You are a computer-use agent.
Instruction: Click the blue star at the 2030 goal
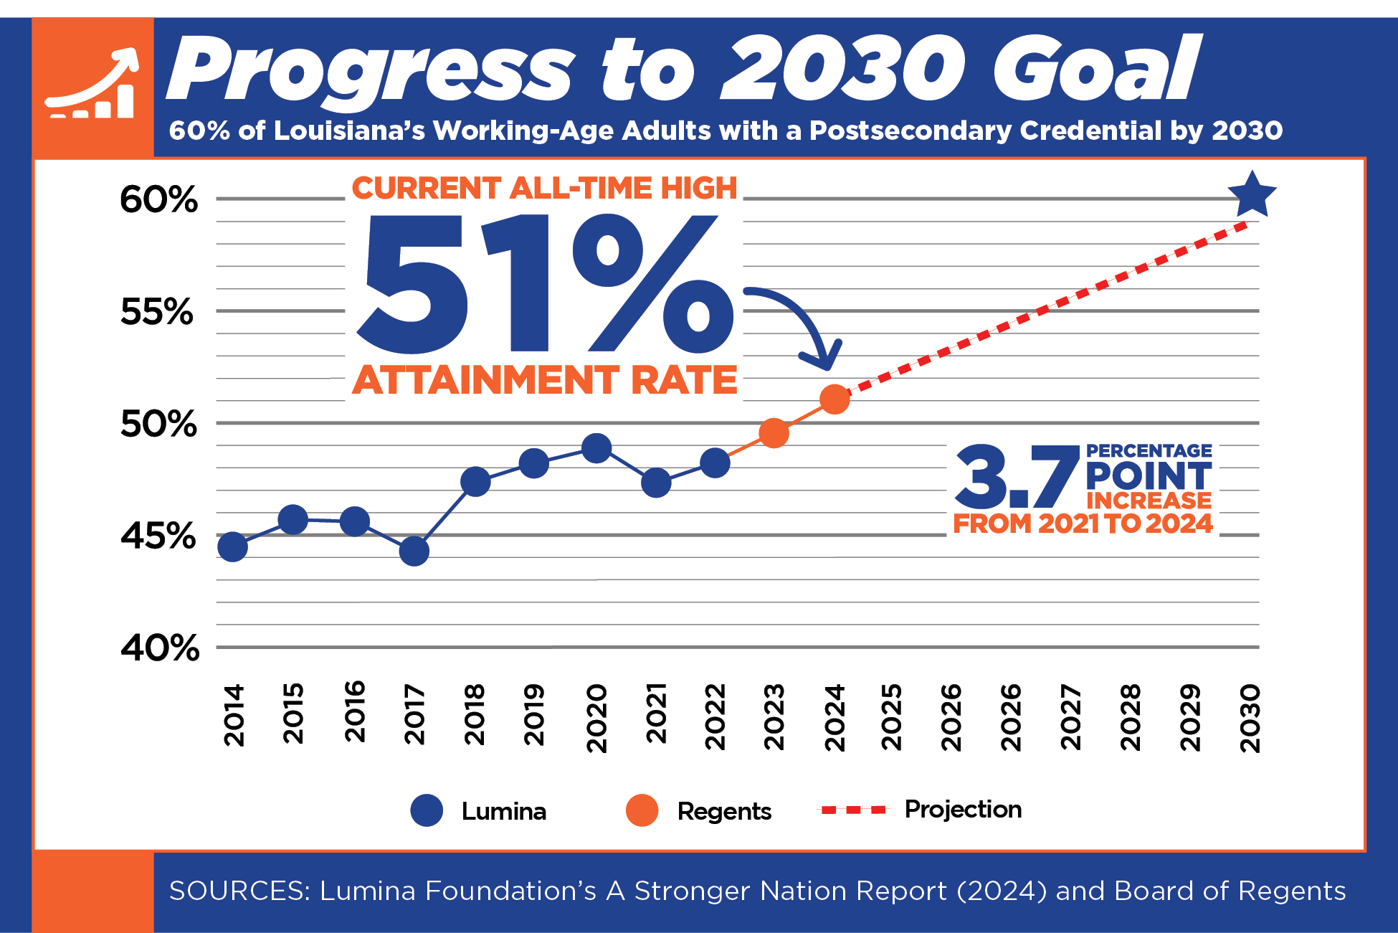coord(1252,194)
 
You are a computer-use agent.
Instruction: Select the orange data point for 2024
coord(834,399)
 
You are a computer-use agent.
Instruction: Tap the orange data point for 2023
coord(774,433)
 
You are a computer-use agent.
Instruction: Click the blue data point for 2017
coord(414,551)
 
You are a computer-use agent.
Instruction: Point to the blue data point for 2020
coord(596,449)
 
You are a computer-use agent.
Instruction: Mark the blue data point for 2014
coord(233,546)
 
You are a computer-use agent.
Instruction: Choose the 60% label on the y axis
coord(158,199)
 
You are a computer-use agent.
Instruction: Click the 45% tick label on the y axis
coord(158,536)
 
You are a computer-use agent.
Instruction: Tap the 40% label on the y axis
coord(160,648)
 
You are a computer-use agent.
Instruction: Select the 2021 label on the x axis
coord(656,714)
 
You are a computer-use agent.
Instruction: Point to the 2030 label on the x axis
coord(1250,718)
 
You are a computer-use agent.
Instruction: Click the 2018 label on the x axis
coord(475,714)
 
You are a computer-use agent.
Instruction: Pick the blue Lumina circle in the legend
coord(427,810)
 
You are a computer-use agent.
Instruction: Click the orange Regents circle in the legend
coord(642,810)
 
